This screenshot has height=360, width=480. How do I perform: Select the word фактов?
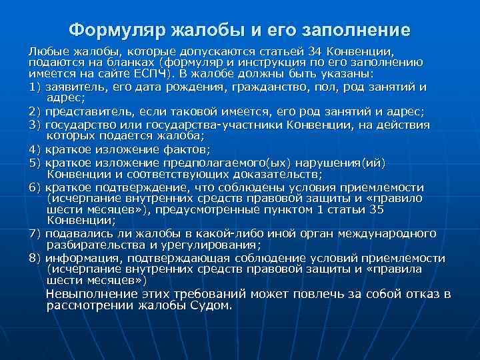pyautogui.click(x=189, y=149)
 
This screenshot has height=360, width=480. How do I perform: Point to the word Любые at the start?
pyautogui.click(x=45, y=51)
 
